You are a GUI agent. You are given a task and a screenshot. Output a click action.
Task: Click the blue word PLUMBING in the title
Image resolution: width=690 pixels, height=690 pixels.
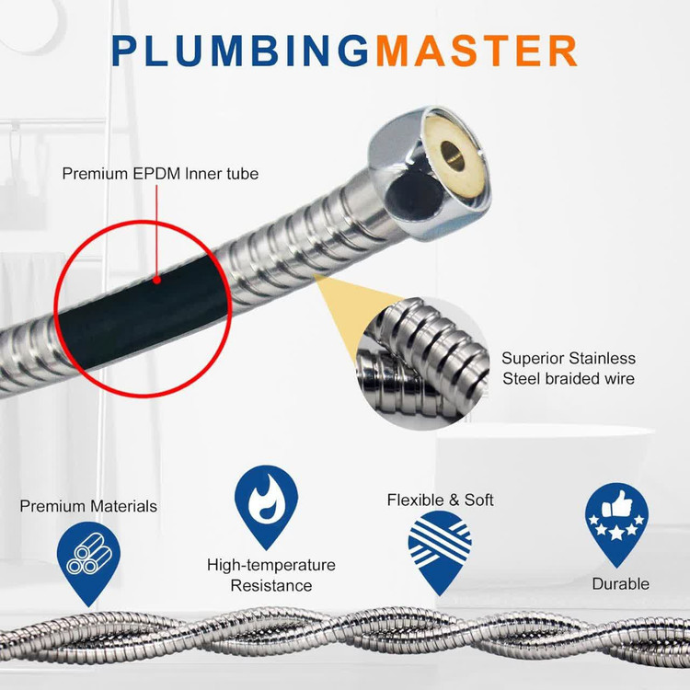tap(240, 51)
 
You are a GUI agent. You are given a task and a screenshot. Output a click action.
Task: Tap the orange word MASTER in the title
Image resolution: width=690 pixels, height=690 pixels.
tap(477, 51)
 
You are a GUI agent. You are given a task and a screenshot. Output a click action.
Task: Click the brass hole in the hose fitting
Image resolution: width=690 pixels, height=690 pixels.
tap(452, 155)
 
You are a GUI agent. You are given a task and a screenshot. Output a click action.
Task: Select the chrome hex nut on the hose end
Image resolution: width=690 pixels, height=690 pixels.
tap(429, 173)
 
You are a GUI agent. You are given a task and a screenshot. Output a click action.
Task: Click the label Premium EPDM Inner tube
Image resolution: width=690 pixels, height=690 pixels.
tap(160, 174)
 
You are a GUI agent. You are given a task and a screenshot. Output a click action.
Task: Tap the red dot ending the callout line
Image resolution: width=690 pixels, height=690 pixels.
tap(156, 280)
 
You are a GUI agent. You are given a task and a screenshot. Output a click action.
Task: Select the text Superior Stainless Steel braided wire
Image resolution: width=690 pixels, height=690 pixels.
tap(569, 368)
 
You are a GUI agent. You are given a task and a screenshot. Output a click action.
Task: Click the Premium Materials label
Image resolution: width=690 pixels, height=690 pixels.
tap(88, 506)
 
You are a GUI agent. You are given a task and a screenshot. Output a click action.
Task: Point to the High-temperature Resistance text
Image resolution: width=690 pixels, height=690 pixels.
tap(271, 575)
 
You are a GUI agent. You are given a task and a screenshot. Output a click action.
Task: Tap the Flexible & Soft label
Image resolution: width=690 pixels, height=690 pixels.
tap(440, 500)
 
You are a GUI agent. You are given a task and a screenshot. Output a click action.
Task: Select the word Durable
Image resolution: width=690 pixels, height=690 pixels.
tap(620, 584)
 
